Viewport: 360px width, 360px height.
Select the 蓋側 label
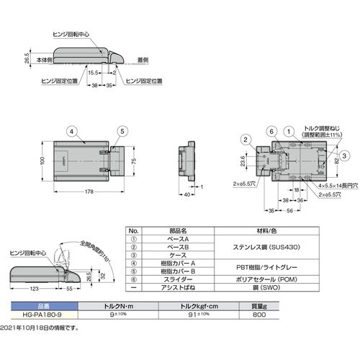tap(143, 59)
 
